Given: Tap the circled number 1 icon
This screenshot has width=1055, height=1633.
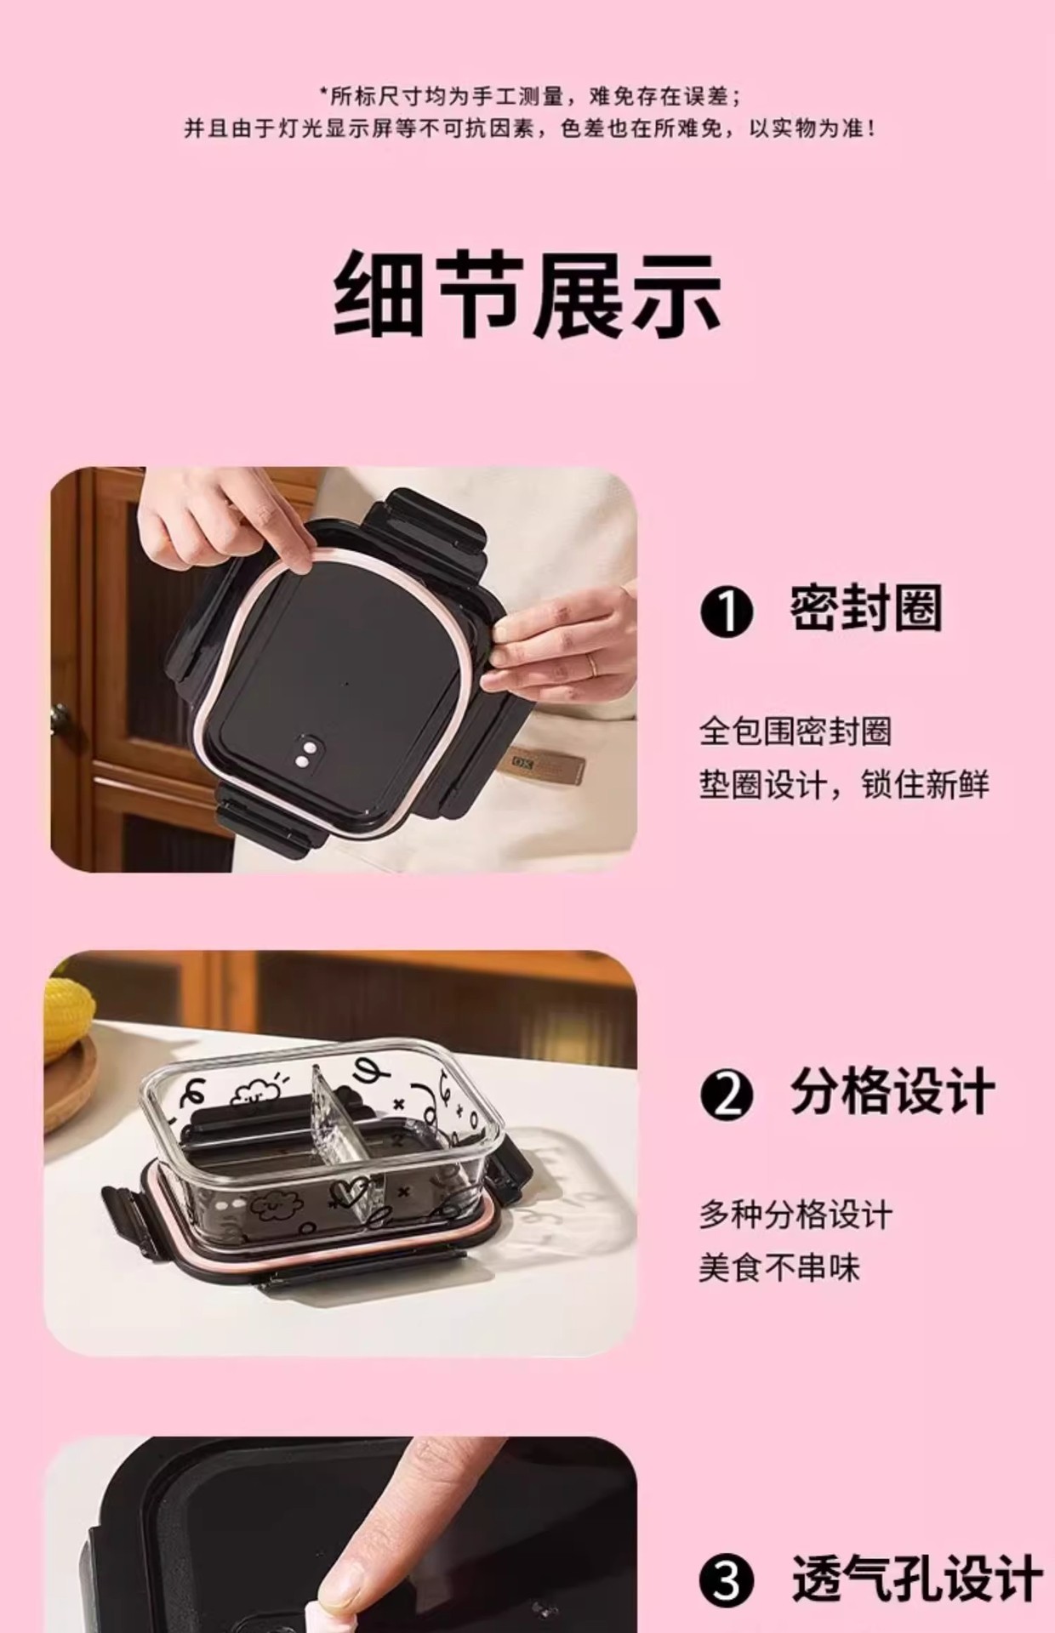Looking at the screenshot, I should click(x=727, y=612).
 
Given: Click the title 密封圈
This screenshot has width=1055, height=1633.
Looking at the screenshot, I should click(x=865, y=609).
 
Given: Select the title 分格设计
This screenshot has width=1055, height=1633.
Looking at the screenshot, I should click(x=892, y=1092).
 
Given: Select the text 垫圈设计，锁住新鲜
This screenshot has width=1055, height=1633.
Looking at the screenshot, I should click(x=844, y=784).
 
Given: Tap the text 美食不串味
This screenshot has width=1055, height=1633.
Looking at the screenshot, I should click(x=779, y=1269).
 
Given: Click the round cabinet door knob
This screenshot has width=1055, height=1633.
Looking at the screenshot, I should click(x=61, y=714).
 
